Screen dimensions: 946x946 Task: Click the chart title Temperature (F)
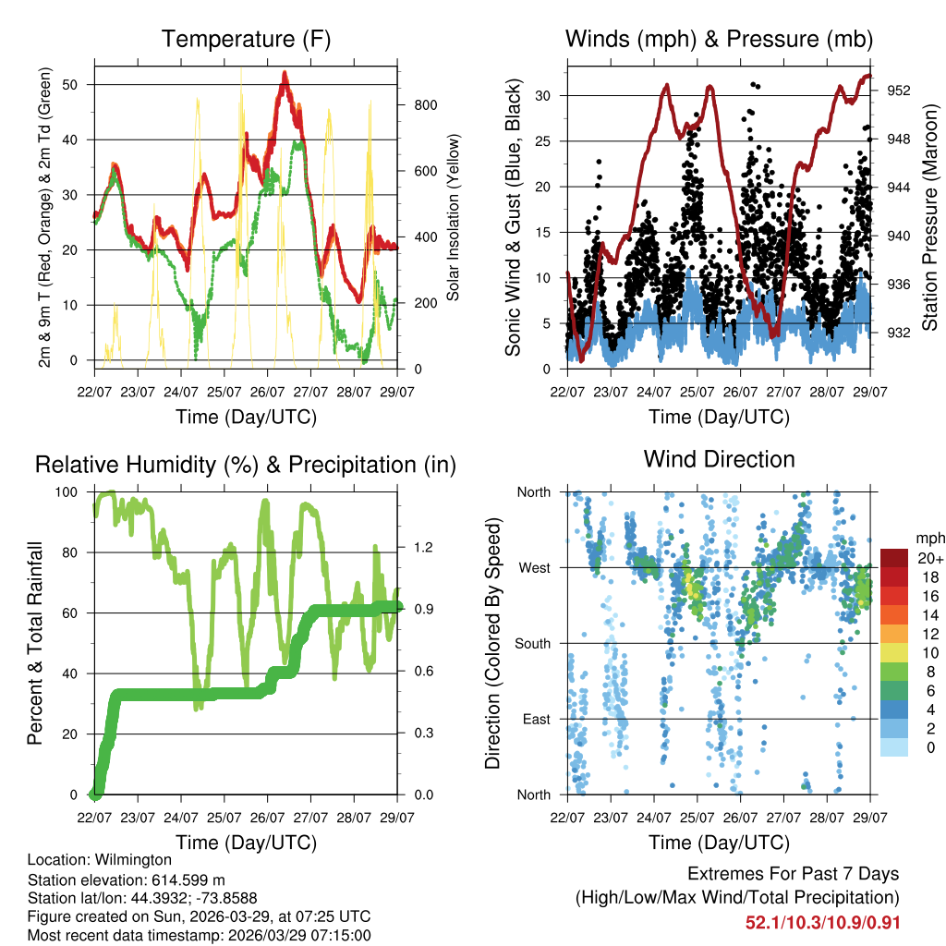246,40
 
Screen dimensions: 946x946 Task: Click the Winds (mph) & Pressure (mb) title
719,40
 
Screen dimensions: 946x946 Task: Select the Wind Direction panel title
719,459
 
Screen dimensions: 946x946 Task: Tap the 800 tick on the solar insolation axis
426,104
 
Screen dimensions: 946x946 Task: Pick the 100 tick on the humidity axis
71,492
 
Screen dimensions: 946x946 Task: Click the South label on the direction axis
534,643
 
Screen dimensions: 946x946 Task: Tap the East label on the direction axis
537,719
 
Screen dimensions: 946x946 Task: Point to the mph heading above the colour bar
928,538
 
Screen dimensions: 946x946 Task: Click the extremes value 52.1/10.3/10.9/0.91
822,923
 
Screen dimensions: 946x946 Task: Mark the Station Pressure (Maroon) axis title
930,218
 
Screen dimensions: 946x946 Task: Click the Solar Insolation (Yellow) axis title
454,218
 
